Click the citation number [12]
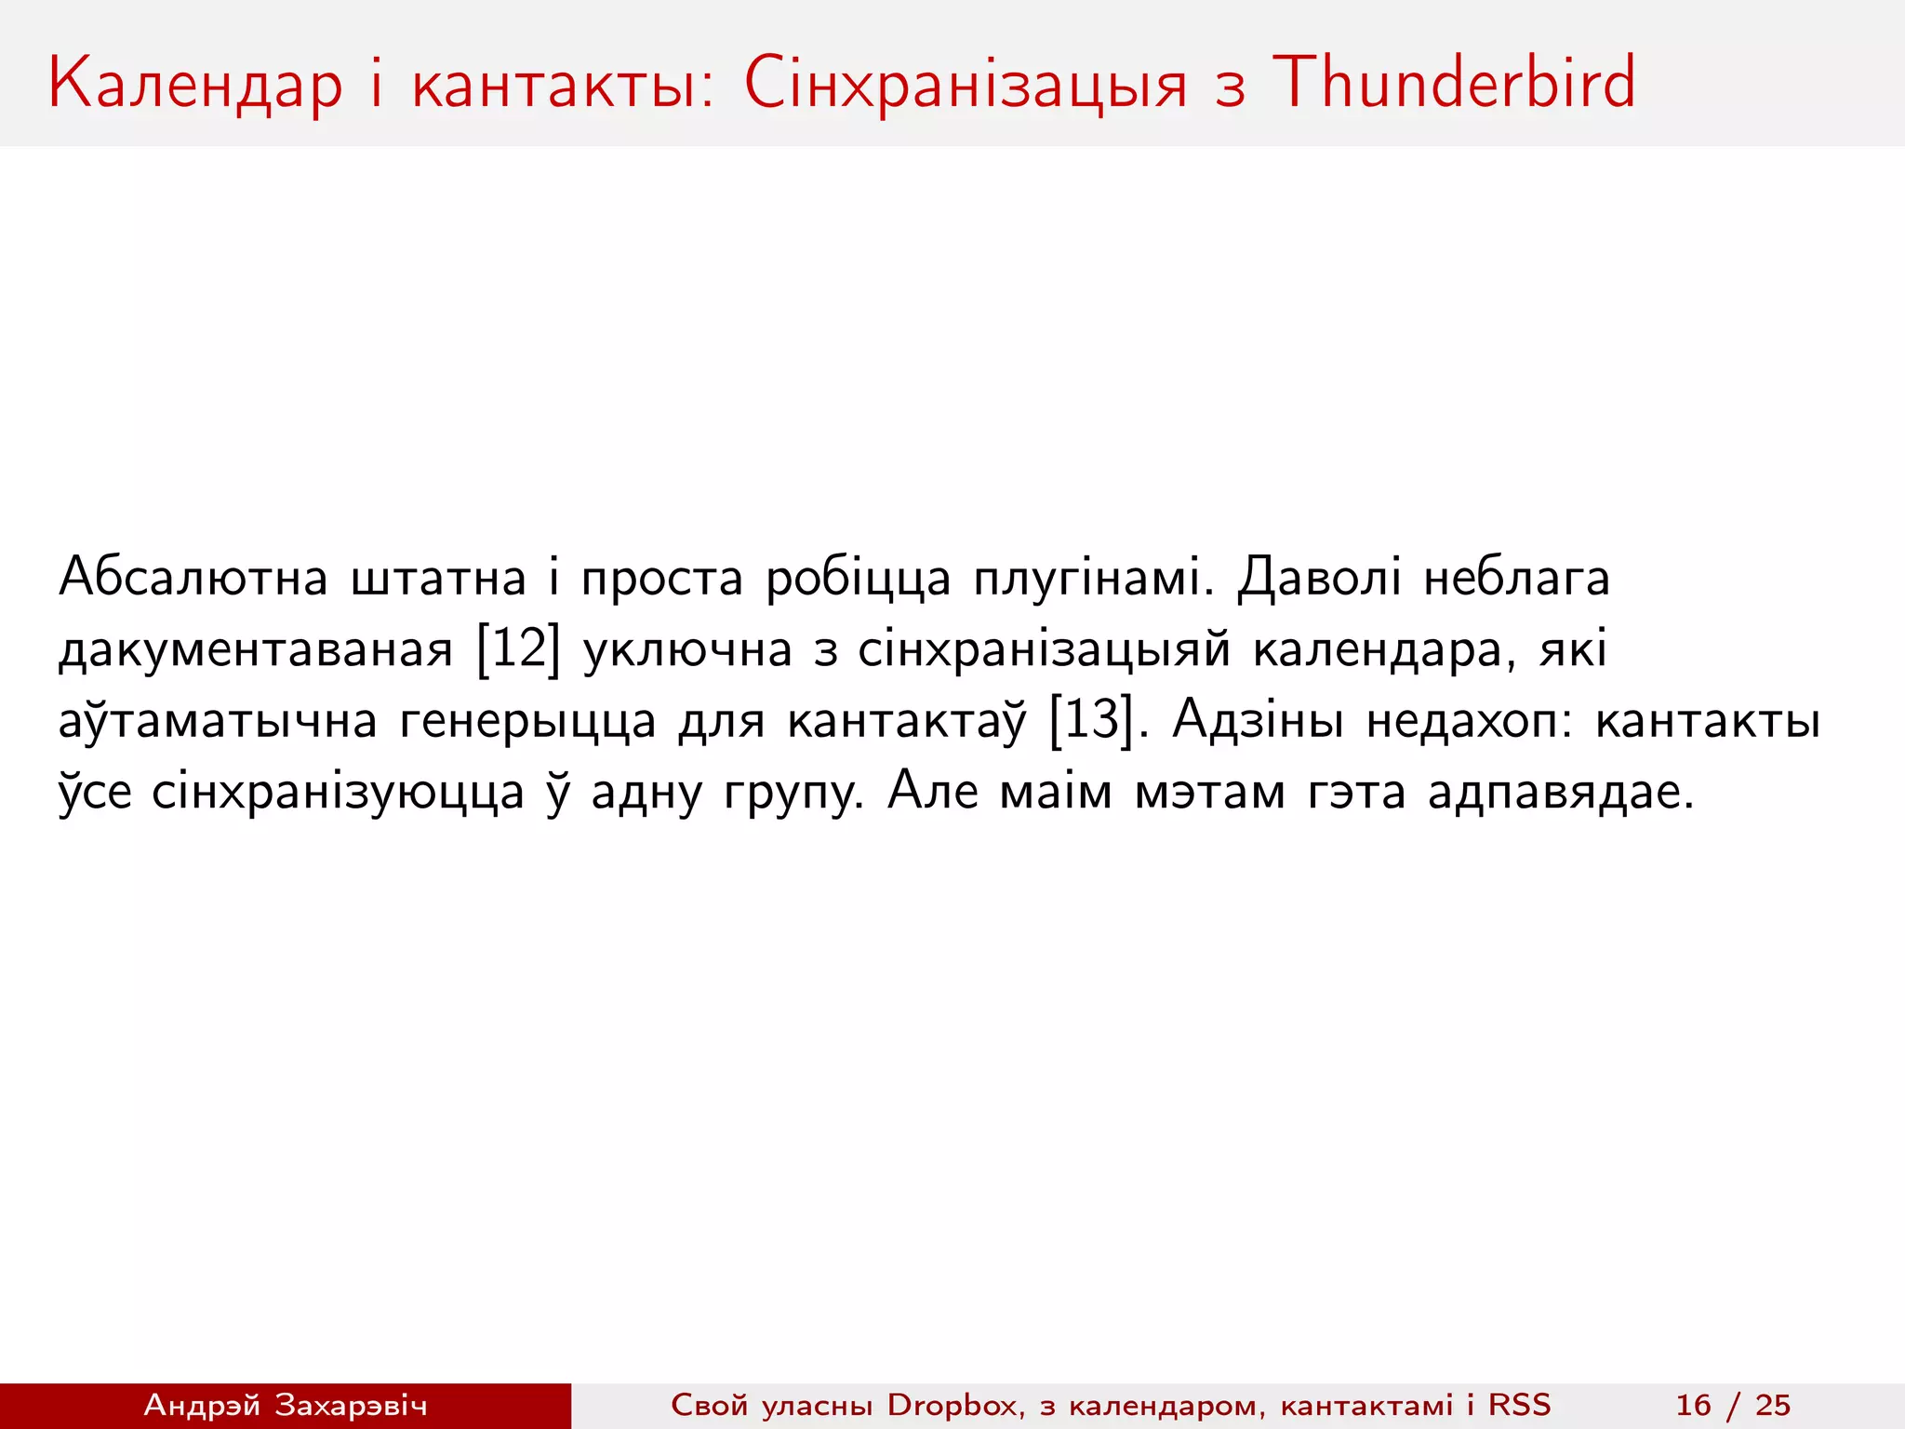click(x=518, y=649)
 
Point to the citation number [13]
click(x=1091, y=720)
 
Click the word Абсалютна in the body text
click(x=193, y=578)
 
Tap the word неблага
click(x=1516, y=578)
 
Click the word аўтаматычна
click(x=218, y=722)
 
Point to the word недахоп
click(x=1469, y=722)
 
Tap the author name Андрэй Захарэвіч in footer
click(x=286, y=1405)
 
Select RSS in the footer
click(x=1520, y=1405)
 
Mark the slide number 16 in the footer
click(x=1693, y=1405)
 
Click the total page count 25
click(x=1773, y=1405)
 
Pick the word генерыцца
click(x=528, y=722)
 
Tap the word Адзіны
click(x=1258, y=720)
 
